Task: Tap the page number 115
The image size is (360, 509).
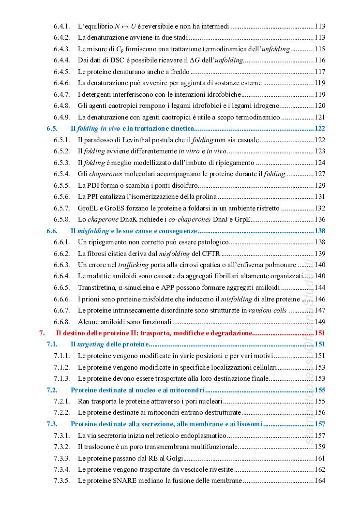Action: point(319,48)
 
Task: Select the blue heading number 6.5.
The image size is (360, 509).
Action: point(52,128)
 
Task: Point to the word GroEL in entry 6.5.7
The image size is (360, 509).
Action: point(88,208)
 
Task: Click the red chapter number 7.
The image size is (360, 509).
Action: point(42,333)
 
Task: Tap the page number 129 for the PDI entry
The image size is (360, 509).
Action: point(319,185)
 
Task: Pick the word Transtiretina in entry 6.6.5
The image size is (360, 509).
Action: point(97,287)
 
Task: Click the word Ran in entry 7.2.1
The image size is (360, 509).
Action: point(84,401)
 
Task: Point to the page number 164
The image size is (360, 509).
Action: point(319,480)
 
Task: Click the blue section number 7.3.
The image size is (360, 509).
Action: point(52,424)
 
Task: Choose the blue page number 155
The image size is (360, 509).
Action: point(319,390)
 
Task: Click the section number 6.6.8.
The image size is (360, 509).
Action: point(62,322)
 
